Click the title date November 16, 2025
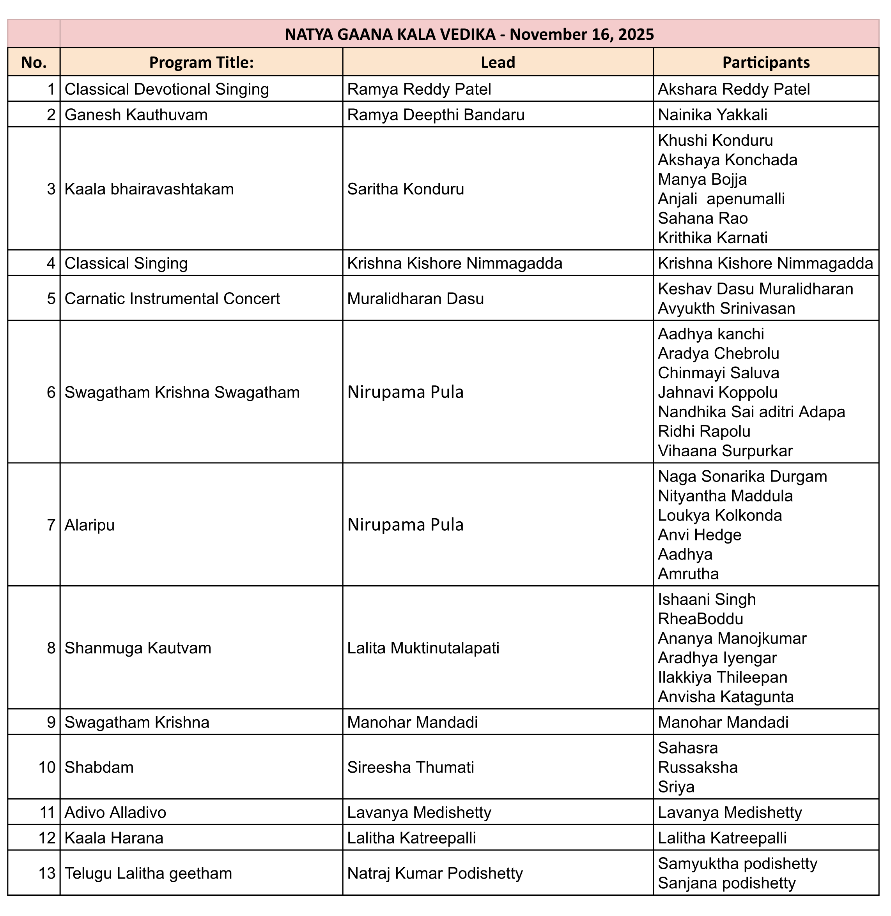pos(582,35)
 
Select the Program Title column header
pos(201,63)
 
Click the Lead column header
pos(498,63)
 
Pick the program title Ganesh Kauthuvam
pos(136,115)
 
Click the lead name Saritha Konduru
pos(405,189)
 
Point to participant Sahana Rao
pos(702,218)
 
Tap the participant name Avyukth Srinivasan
pos(726,309)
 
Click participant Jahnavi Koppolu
pos(717,393)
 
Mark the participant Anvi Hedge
pos(699,535)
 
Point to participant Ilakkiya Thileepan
pos(722,678)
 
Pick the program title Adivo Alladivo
pos(115,813)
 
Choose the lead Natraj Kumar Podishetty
pos(435,874)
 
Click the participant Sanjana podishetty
pos(726,883)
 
